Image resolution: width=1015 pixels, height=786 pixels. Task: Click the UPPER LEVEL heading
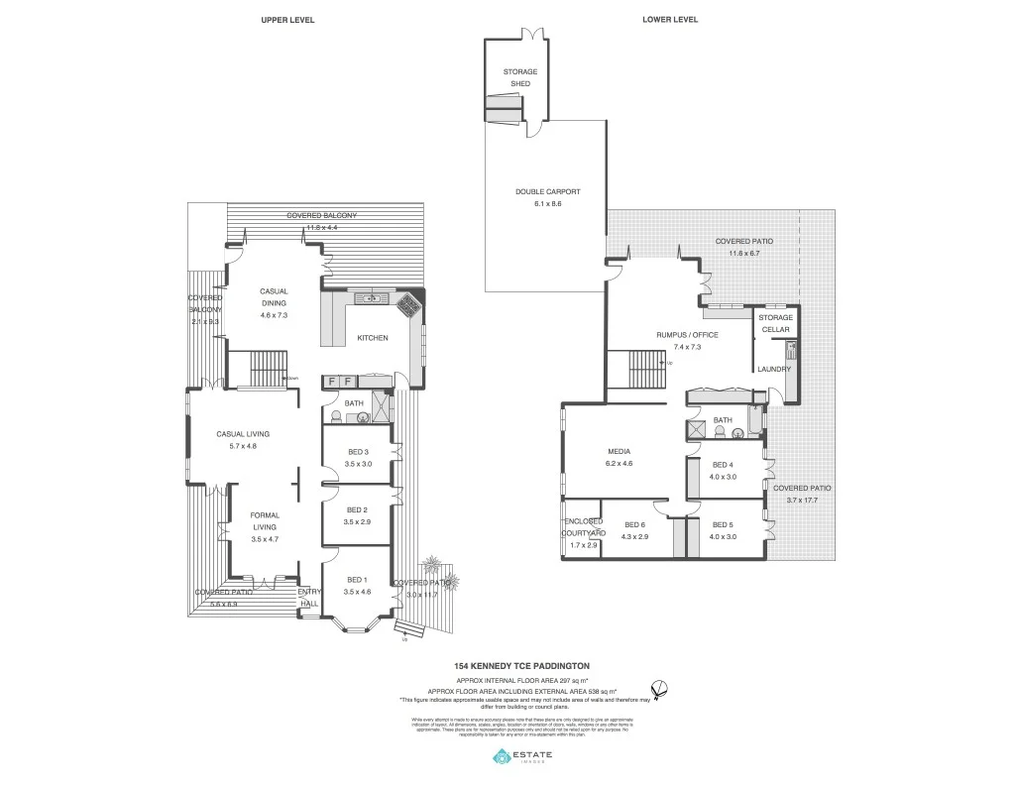pyautogui.click(x=287, y=20)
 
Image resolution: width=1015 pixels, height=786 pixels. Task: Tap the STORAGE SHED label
pyautogui.click(x=520, y=77)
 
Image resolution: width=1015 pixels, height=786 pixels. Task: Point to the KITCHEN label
pyautogui.click(x=373, y=338)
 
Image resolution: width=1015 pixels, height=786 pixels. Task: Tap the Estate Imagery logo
pyautogui.click(x=522, y=757)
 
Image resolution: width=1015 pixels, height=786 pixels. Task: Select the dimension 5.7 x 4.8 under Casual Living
pyautogui.click(x=243, y=446)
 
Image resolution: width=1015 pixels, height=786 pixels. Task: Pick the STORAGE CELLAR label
pyautogui.click(x=776, y=323)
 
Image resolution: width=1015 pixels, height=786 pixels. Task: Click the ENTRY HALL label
pyautogui.click(x=310, y=597)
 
